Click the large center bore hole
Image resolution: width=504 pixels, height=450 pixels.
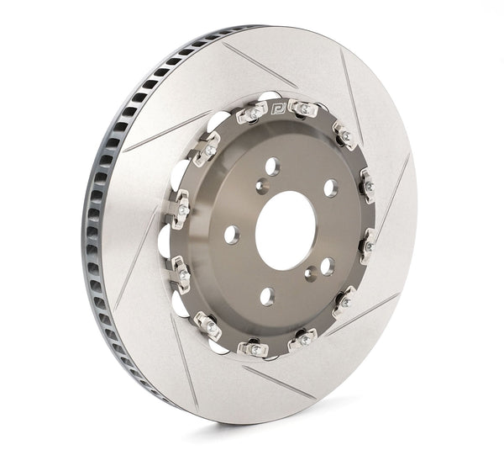tap(285, 230)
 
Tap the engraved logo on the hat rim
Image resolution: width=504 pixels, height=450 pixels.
tap(281, 108)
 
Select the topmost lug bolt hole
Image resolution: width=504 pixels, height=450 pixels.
tap(272, 166)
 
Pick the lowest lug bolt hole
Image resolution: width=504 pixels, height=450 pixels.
tap(267, 295)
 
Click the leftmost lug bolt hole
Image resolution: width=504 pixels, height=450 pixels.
tap(231, 235)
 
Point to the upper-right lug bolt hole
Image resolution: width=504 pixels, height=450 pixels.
tap(330, 188)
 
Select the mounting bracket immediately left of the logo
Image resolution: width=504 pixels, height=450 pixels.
tap(253, 112)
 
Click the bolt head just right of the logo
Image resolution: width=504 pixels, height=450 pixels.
tap(303, 109)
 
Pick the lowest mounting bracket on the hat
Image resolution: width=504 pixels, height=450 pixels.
tap(252, 347)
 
